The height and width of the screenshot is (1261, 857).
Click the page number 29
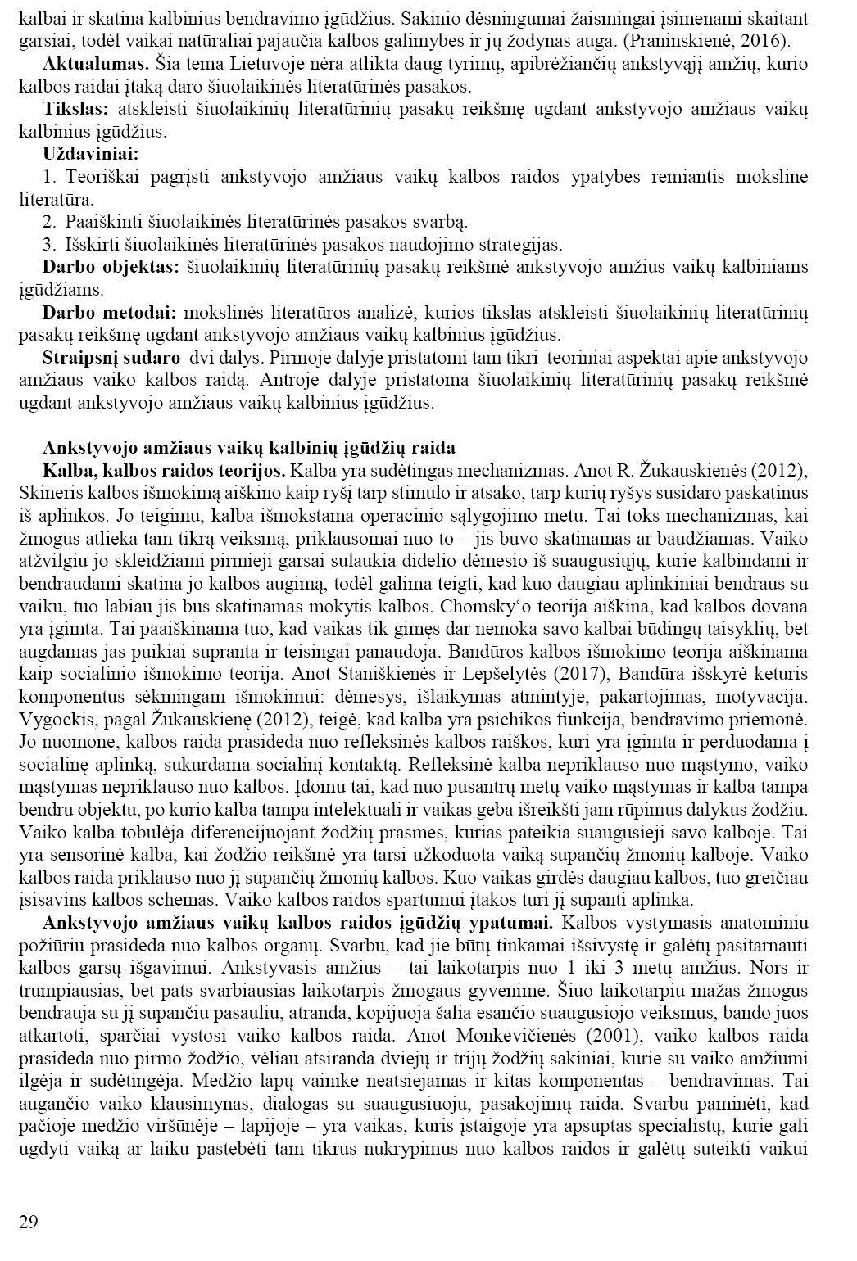(27, 1223)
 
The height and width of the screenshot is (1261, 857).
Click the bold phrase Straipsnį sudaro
(111, 357)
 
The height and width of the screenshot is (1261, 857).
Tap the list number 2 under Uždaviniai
(48, 221)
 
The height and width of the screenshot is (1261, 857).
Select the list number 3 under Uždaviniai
(48, 244)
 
